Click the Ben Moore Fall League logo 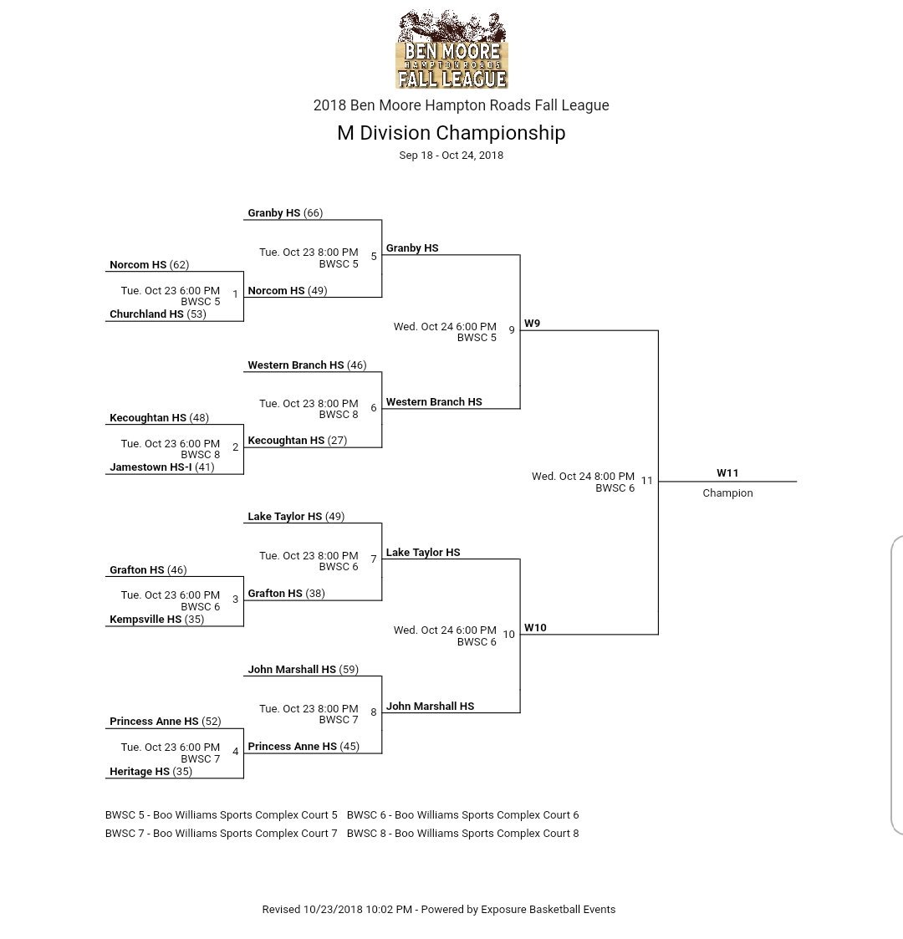451,49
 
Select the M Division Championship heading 451,133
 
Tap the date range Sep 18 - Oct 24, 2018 451,156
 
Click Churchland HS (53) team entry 158,314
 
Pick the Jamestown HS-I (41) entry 161,467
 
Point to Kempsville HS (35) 156,620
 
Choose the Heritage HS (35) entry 150,772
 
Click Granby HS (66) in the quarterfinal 285,213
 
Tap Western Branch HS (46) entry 307,365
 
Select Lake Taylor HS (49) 296,517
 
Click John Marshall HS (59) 303,670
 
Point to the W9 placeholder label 532,324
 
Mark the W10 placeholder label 535,628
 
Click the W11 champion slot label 727,473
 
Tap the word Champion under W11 727,493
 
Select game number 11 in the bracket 647,481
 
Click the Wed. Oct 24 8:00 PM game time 583,477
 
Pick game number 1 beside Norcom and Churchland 235,294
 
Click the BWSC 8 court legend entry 462,834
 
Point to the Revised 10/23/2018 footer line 439,910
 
